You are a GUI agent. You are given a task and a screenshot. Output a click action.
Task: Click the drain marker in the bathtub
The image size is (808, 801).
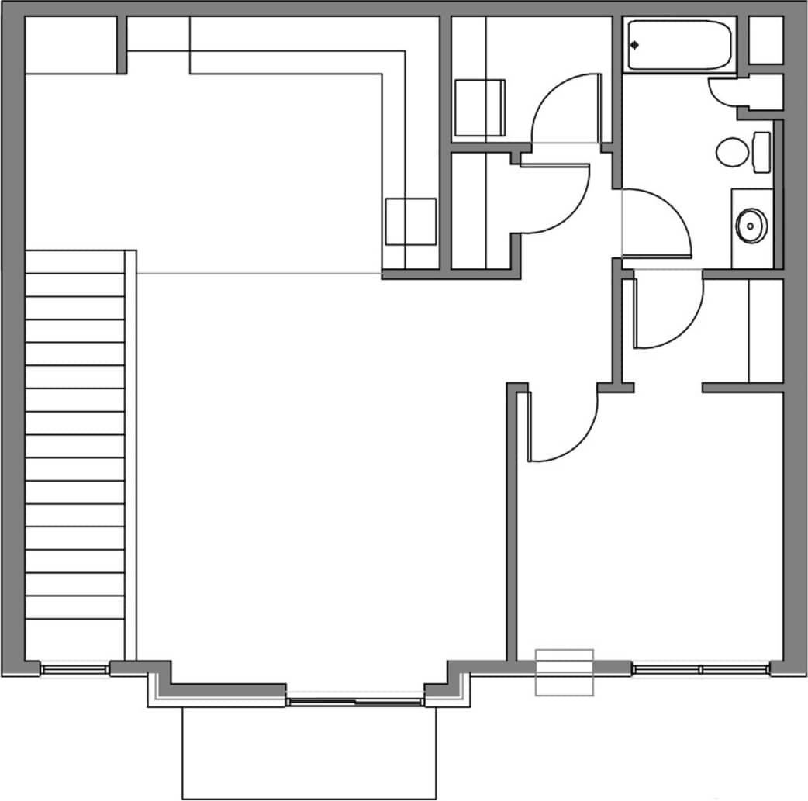pos(635,44)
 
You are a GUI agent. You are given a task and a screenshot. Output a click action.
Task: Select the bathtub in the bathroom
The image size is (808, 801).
pos(679,46)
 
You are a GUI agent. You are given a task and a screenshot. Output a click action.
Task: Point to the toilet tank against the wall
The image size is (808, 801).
pos(761,152)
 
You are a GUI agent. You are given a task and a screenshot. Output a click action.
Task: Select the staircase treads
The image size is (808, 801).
pos(75,434)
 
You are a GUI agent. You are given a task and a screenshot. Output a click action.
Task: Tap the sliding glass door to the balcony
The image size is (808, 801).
pos(355,702)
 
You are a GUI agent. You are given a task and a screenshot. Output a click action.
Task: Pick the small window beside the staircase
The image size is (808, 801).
pos(75,668)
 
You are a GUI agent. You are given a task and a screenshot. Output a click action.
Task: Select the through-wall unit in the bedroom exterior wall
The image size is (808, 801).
pos(565,672)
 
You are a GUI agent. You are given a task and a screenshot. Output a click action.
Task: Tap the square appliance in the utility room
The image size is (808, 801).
pos(479,108)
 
